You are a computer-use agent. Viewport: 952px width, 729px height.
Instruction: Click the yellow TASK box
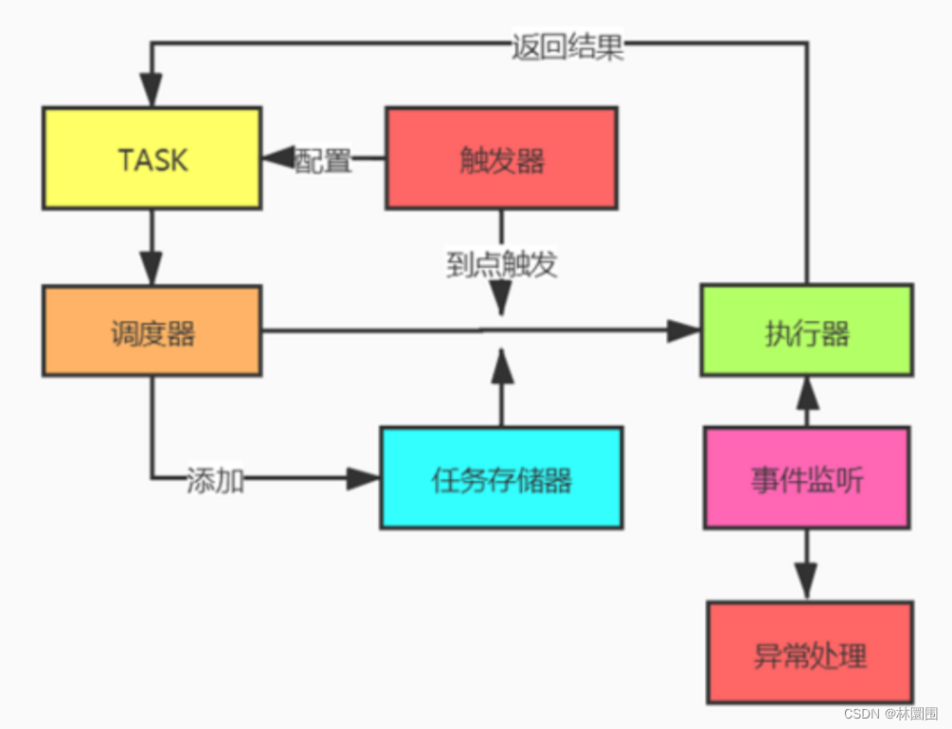152,158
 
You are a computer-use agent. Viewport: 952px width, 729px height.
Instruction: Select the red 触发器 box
501,158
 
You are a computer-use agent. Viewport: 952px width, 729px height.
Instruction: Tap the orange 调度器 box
152,331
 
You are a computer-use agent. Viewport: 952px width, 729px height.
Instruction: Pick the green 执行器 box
806,331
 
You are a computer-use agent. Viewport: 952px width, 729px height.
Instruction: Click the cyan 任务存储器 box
501,478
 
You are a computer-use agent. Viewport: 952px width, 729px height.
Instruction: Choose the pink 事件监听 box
806,478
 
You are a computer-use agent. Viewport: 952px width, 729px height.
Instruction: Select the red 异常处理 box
810,653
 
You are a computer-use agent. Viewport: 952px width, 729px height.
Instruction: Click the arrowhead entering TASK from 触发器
278,159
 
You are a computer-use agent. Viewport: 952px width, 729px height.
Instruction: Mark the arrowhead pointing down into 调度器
152,268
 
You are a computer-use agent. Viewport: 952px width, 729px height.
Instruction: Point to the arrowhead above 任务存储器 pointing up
502,366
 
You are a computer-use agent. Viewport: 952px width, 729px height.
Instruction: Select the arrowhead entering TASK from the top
152,91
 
